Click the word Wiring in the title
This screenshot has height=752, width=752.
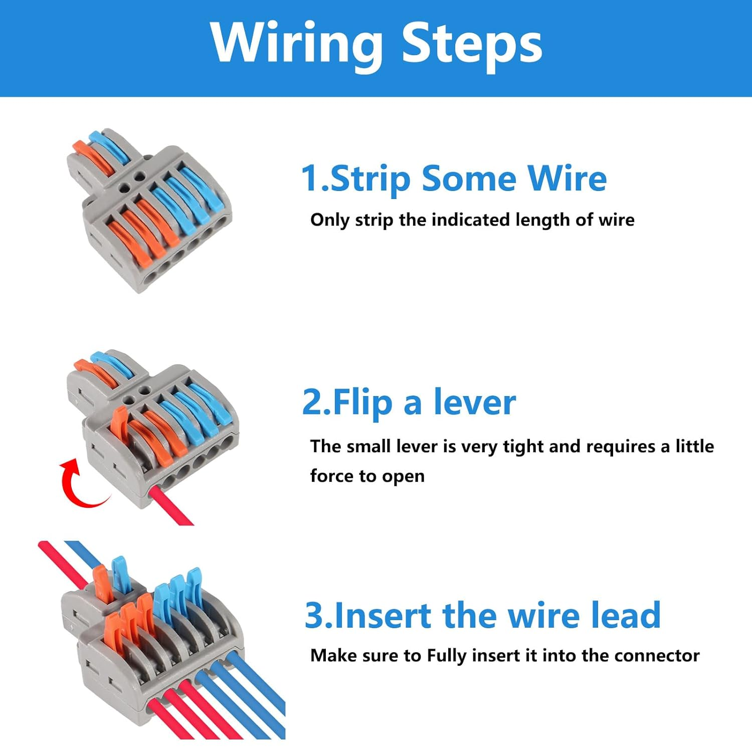[296, 44]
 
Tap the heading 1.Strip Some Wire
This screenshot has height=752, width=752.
[454, 178]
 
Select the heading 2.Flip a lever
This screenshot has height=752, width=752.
[409, 403]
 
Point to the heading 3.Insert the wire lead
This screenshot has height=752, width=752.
[482, 615]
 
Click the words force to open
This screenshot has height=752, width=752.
[367, 476]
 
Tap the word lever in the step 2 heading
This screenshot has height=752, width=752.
[474, 403]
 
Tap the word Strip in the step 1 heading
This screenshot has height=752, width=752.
[370, 178]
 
